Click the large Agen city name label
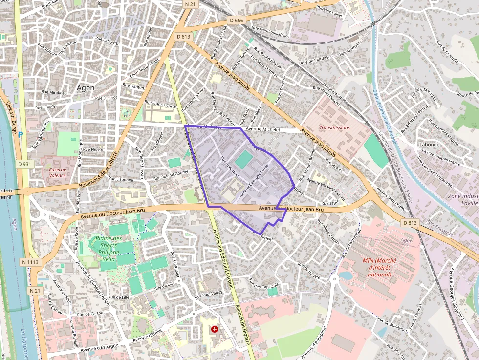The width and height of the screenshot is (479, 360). pos(86,88)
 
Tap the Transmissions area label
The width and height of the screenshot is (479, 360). pos(334,127)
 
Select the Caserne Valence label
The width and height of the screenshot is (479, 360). pos(57,172)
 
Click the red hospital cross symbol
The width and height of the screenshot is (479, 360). pos(214,330)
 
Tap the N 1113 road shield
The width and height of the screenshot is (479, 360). pos(30,262)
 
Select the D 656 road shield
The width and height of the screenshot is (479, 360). pos(236,21)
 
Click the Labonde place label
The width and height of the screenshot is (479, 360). pos(430,145)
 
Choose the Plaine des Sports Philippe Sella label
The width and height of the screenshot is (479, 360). pos(108,246)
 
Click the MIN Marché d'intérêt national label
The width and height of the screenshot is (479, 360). pos(379,267)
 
